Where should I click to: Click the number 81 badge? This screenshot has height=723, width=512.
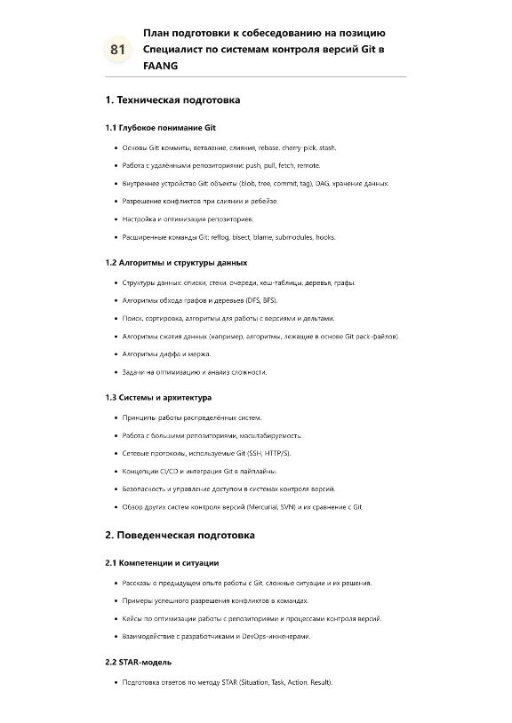tap(117, 50)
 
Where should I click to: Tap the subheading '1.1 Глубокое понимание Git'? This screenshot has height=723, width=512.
tap(160, 128)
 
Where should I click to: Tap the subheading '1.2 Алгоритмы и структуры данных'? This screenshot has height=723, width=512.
tap(176, 263)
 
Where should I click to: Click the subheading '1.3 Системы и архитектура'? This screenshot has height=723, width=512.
tap(158, 397)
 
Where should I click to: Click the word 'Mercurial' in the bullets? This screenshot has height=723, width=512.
tap(260, 506)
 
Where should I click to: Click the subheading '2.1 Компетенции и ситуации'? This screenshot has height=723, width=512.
tap(162, 563)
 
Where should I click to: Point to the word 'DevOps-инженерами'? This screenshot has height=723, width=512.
tap(271, 636)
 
